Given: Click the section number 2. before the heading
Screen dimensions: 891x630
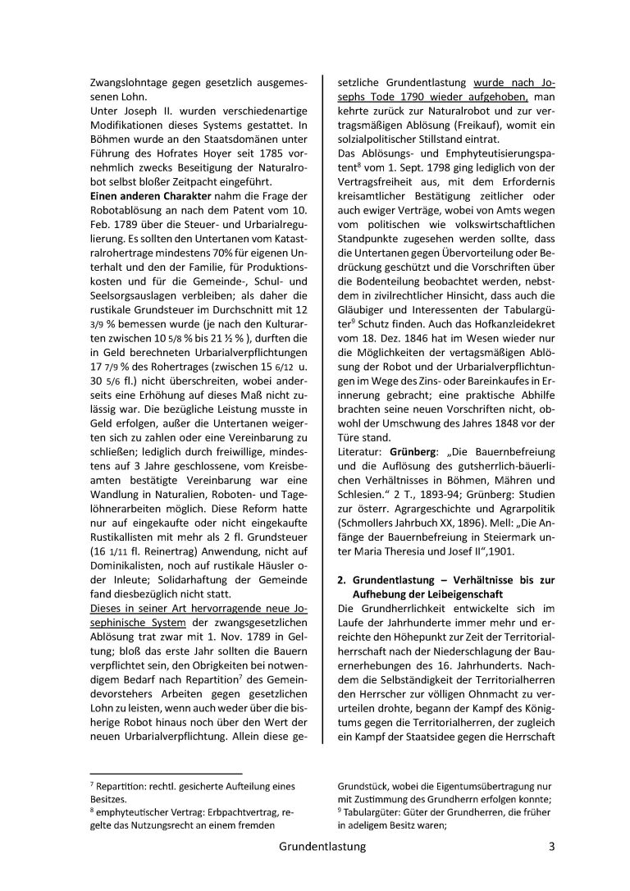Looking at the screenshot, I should [x=342, y=579].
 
